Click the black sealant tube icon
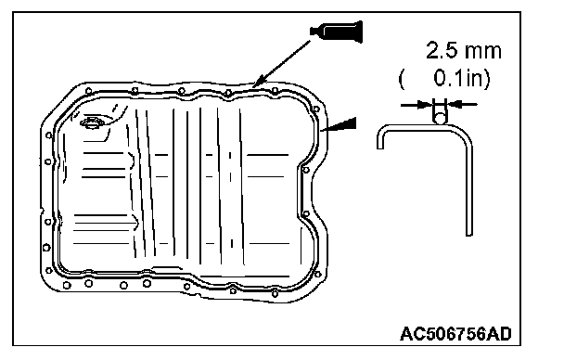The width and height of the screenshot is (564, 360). pyautogui.click(x=337, y=32)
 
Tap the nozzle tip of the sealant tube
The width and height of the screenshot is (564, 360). pyautogui.click(x=311, y=32)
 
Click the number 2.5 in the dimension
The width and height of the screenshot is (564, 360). pyautogui.click(x=442, y=50)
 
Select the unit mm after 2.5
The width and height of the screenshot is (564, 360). pyautogui.click(x=482, y=52)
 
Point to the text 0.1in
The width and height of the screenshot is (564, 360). pyautogui.click(x=460, y=78)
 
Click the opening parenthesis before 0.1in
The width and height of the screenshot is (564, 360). pyautogui.click(x=402, y=79)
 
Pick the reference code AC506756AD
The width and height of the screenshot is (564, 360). pyautogui.click(x=455, y=334)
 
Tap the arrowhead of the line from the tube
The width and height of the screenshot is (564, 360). pyautogui.click(x=258, y=82)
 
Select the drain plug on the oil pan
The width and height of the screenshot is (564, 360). pyautogui.click(x=92, y=122)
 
